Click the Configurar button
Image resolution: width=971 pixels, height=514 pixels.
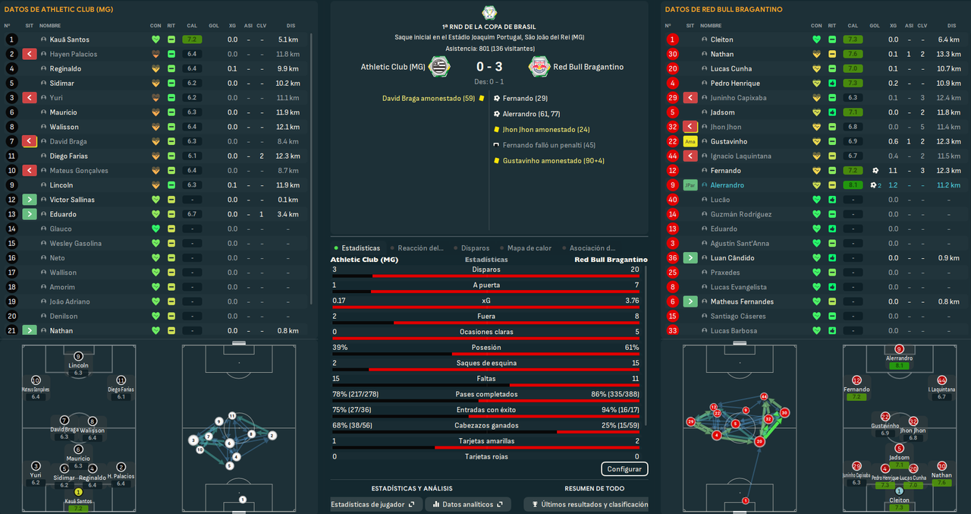[624, 469]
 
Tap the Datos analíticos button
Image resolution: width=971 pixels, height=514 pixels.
[467, 504]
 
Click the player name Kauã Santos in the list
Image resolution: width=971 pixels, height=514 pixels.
[69, 39]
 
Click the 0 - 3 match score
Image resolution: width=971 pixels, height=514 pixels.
[489, 67]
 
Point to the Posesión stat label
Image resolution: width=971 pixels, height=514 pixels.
[485, 348]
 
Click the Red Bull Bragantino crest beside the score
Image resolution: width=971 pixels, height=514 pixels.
[539, 67]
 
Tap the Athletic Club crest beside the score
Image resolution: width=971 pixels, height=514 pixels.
[438, 67]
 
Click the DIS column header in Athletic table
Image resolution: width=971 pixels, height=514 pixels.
[291, 26]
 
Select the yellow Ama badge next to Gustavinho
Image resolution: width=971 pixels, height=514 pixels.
[690, 142]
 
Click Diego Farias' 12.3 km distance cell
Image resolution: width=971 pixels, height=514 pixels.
[287, 156]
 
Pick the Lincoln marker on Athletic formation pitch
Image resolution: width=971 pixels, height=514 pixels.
[78, 357]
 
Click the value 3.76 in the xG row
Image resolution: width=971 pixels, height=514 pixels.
[631, 301]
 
